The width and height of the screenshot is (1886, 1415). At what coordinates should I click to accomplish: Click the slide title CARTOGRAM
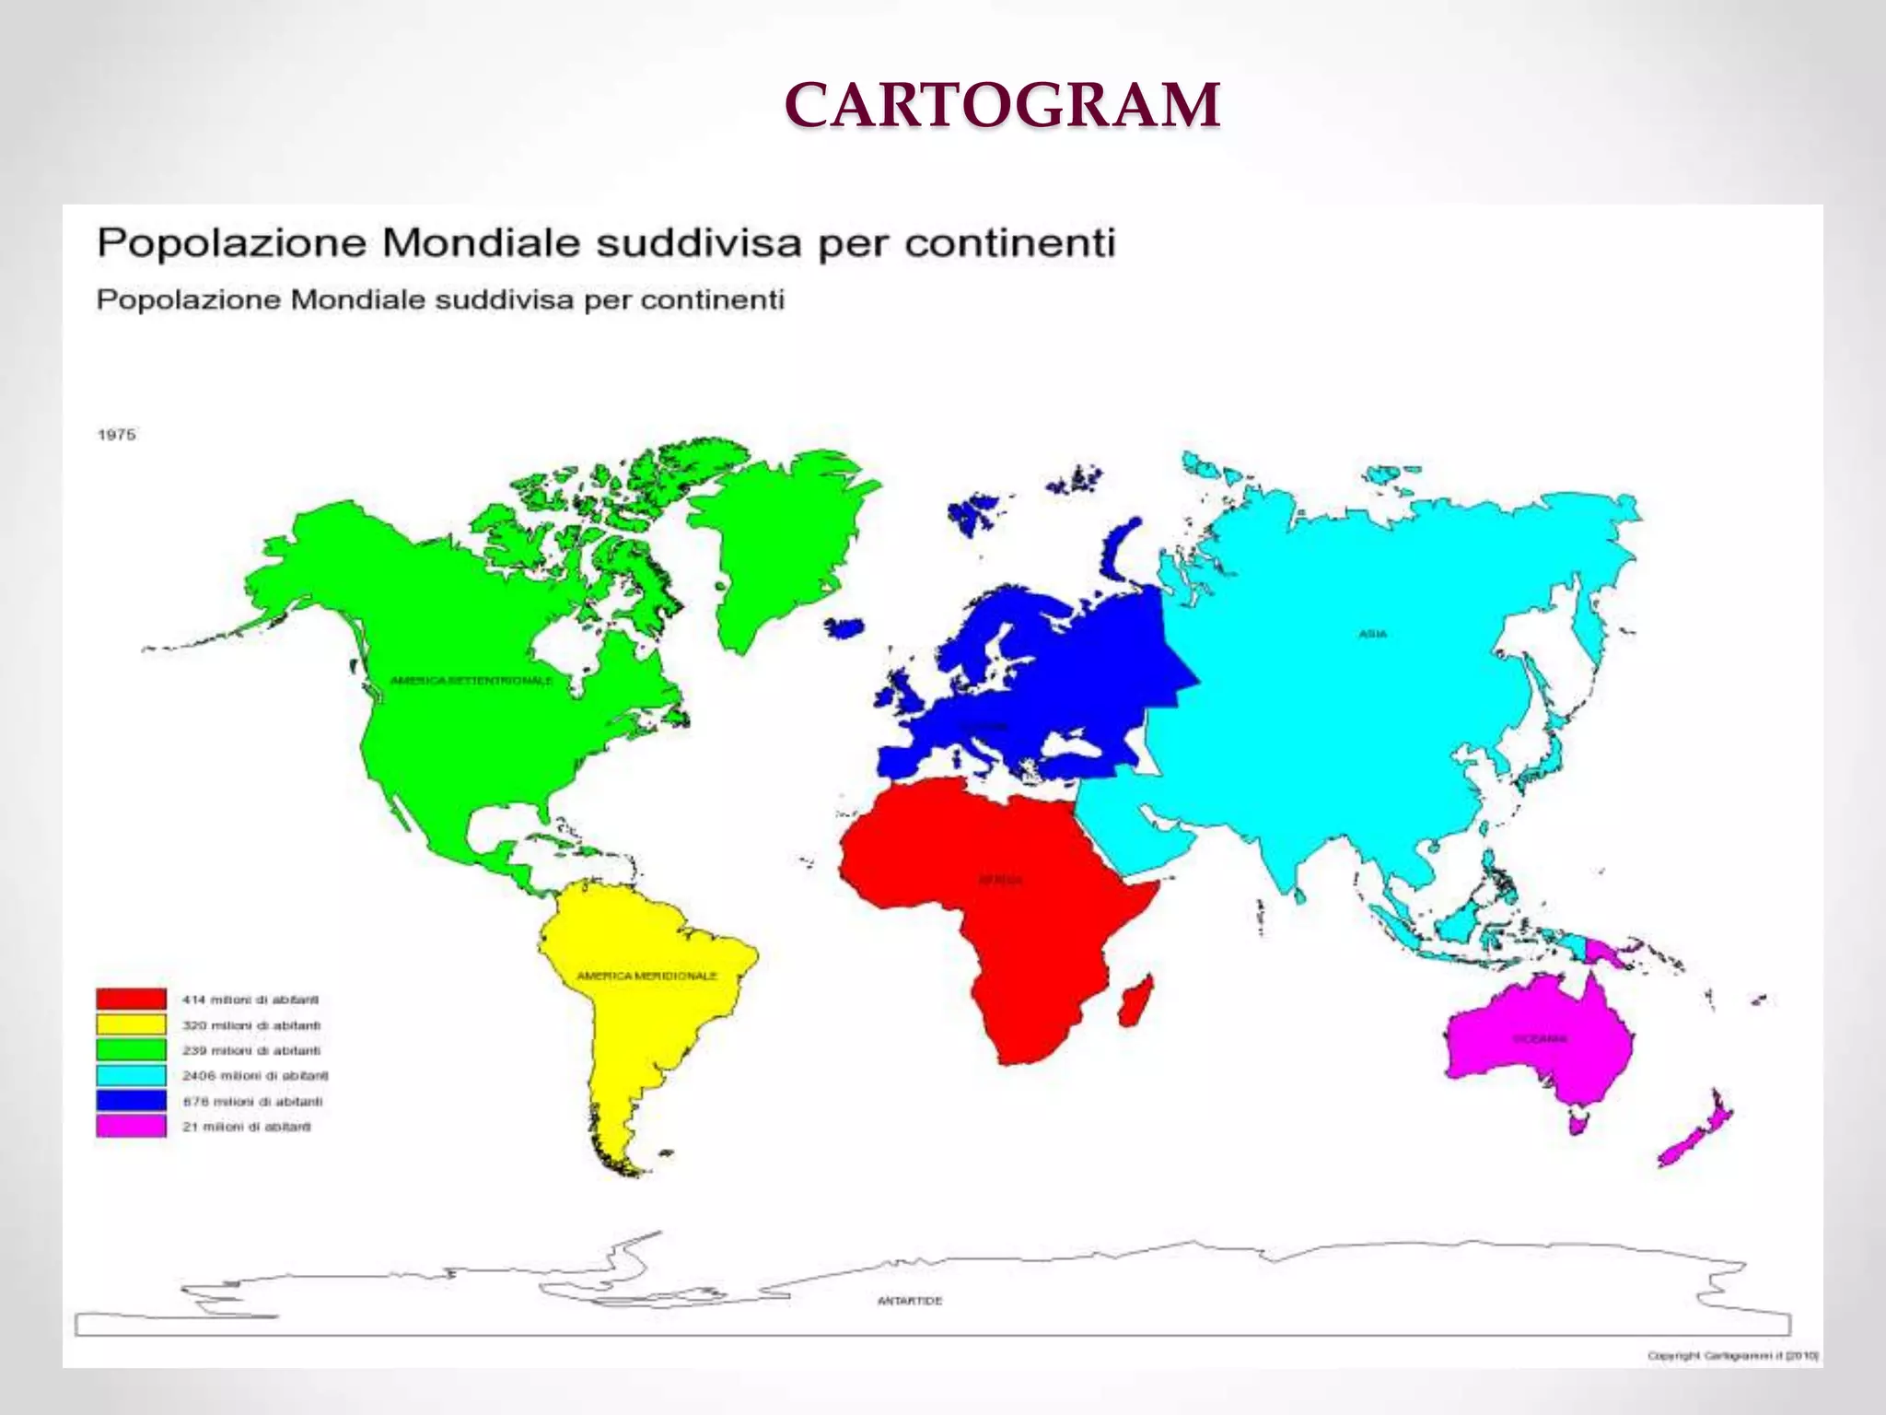(1003, 105)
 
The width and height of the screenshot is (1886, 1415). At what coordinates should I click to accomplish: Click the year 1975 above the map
(117, 435)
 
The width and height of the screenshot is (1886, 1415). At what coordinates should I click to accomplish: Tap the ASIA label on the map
(1372, 634)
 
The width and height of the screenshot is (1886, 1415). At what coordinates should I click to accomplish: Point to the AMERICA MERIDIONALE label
(646, 976)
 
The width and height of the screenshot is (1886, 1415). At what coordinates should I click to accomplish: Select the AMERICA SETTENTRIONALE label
(471, 681)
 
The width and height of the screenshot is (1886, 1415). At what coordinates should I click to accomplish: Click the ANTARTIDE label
(910, 1301)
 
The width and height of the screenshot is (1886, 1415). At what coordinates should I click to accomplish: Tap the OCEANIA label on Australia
(1539, 1038)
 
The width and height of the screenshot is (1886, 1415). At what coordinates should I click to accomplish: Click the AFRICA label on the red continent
(1000, 880)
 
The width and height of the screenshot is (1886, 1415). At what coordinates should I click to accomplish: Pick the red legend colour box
(131, 1000)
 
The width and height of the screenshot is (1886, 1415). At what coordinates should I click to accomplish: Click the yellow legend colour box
(131, 1024)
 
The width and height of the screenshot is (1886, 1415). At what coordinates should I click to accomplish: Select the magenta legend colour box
(131, 1127)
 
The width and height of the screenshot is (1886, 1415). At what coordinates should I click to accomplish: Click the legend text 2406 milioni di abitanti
(255, 1076)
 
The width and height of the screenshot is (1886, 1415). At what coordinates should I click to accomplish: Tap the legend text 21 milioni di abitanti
(246, 1127)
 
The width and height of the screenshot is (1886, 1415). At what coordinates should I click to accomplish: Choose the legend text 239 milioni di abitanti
(250, 1050)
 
